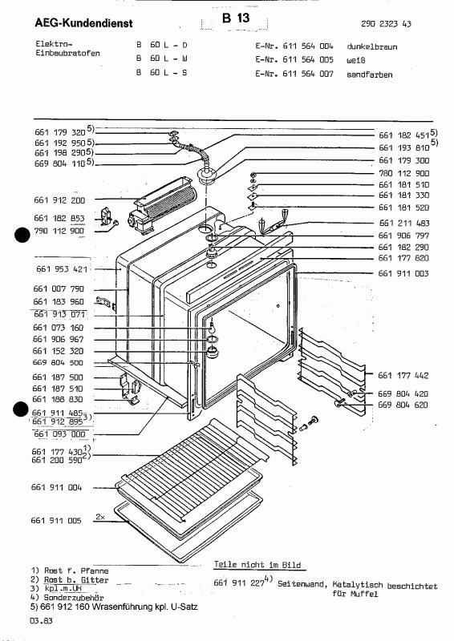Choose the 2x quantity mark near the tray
click(99, 517)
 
